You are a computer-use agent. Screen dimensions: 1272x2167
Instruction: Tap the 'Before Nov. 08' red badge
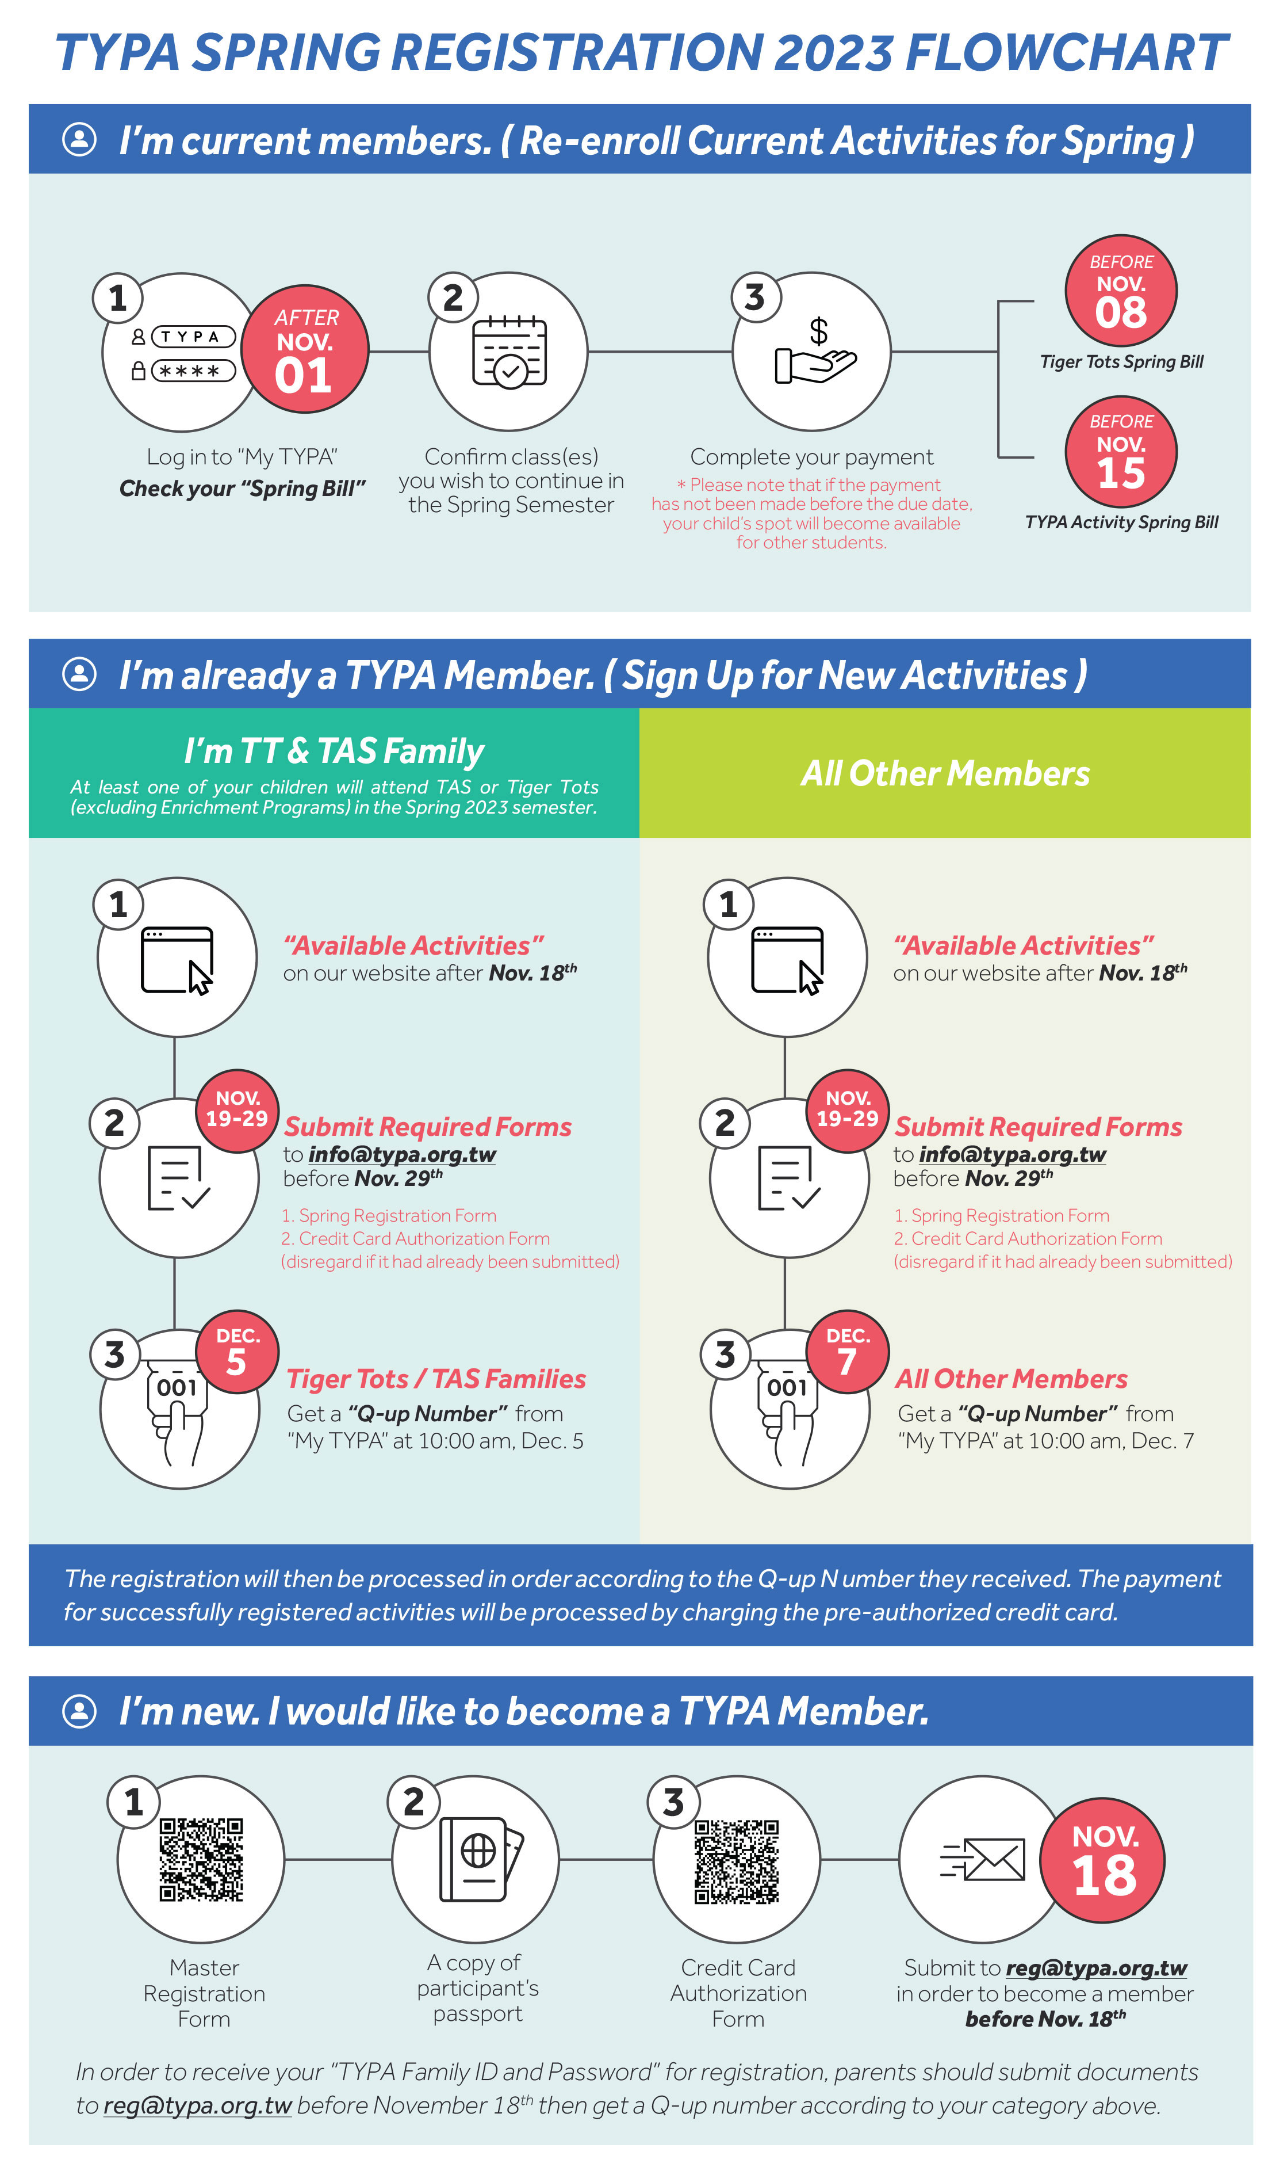(1121, 291)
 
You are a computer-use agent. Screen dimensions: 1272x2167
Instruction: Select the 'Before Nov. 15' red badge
(1121, 452)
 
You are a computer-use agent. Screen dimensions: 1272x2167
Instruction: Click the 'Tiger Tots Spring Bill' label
(1121, 362)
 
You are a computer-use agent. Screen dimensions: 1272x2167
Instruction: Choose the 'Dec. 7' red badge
(848, 1351)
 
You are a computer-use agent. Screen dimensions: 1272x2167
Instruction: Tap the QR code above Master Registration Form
(201, 1859)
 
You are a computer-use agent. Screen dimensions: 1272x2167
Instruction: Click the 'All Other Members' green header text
(945, 774)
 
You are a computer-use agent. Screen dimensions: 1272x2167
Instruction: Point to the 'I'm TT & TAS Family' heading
(334, 751)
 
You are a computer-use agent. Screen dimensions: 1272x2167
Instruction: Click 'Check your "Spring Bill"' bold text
(242, 489)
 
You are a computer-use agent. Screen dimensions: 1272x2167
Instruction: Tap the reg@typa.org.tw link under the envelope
(1096, 1968)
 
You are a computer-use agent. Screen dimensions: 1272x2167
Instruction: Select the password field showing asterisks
(193, 371)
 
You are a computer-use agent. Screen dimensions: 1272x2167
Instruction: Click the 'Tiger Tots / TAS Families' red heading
(436, 1379)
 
